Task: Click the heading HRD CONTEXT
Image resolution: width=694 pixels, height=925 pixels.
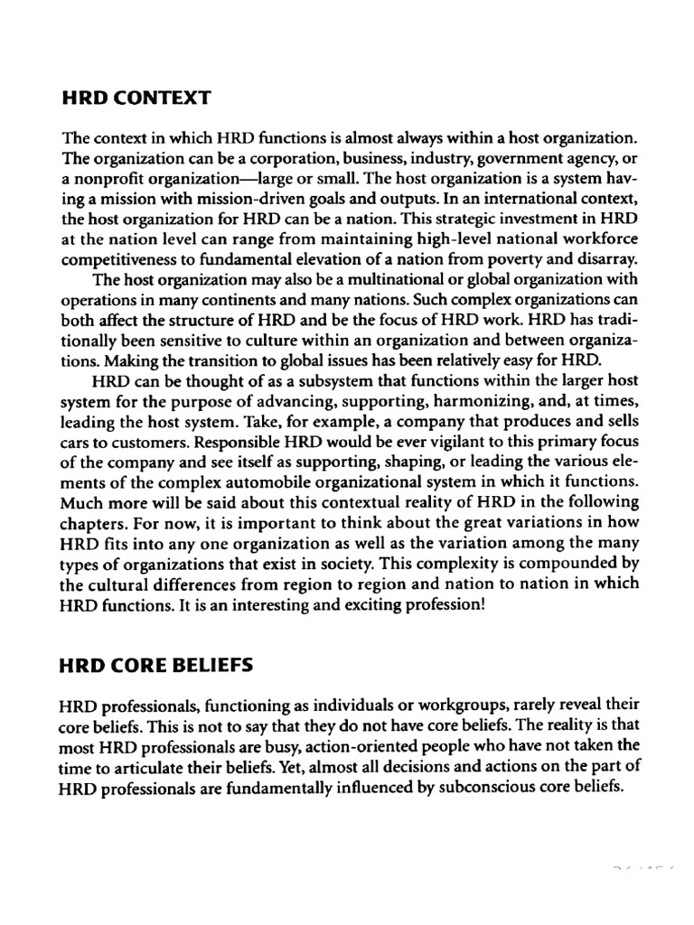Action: (x=136, y=95)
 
